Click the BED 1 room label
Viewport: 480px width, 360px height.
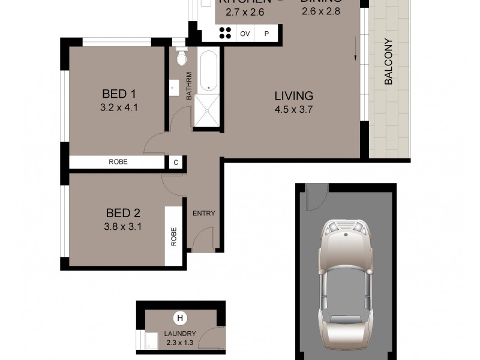point(119,94)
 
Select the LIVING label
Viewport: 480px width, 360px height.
point(294,96)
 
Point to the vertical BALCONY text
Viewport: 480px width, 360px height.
point(388,62)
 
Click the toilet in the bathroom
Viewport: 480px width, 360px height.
point(181,58)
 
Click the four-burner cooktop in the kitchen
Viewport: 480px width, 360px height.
point(226,34)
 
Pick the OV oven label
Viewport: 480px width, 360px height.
point(245,34)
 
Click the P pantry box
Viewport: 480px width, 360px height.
point(266,34)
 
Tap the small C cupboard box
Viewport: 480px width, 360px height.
point(175,162)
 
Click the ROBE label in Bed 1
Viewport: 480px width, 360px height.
point(118,162)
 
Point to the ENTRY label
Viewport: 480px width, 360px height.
point(203,214)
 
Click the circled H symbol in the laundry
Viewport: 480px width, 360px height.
point(179,319)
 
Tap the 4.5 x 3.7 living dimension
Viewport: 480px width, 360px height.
point(294,109)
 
